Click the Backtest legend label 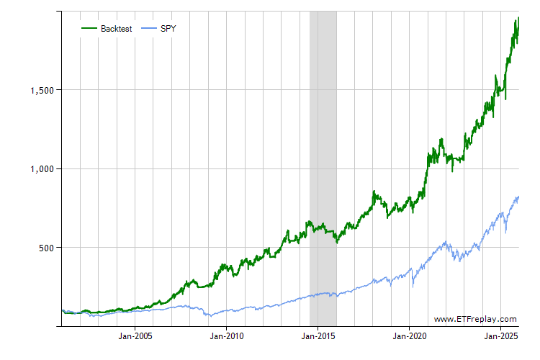pyautogui.click(x=116, y=29)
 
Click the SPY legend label pyautogui.click(x=168, y=29)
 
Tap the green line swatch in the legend pyautogui.click(x=89, y=29)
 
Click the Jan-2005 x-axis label pyautogui.click(x=135, y=336)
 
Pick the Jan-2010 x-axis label pyautogui.click(x=227, y=336)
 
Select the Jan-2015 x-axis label pyautogui.click(x=318, y=336)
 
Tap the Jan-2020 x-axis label pyautogui.click(x=410, y=336)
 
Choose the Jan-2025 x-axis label pyautogui.click(x=502, y=336)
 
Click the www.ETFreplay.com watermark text pyautogui.click(x=475, y=319)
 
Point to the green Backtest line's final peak pyautogui.click(x=518, y=19)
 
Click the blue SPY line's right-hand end pyautogui.click(x=518, y=197)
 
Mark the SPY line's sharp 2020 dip pyautogui.click(x=413, y=286)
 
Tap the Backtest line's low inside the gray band pyautogui.click(x=336, y=242)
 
